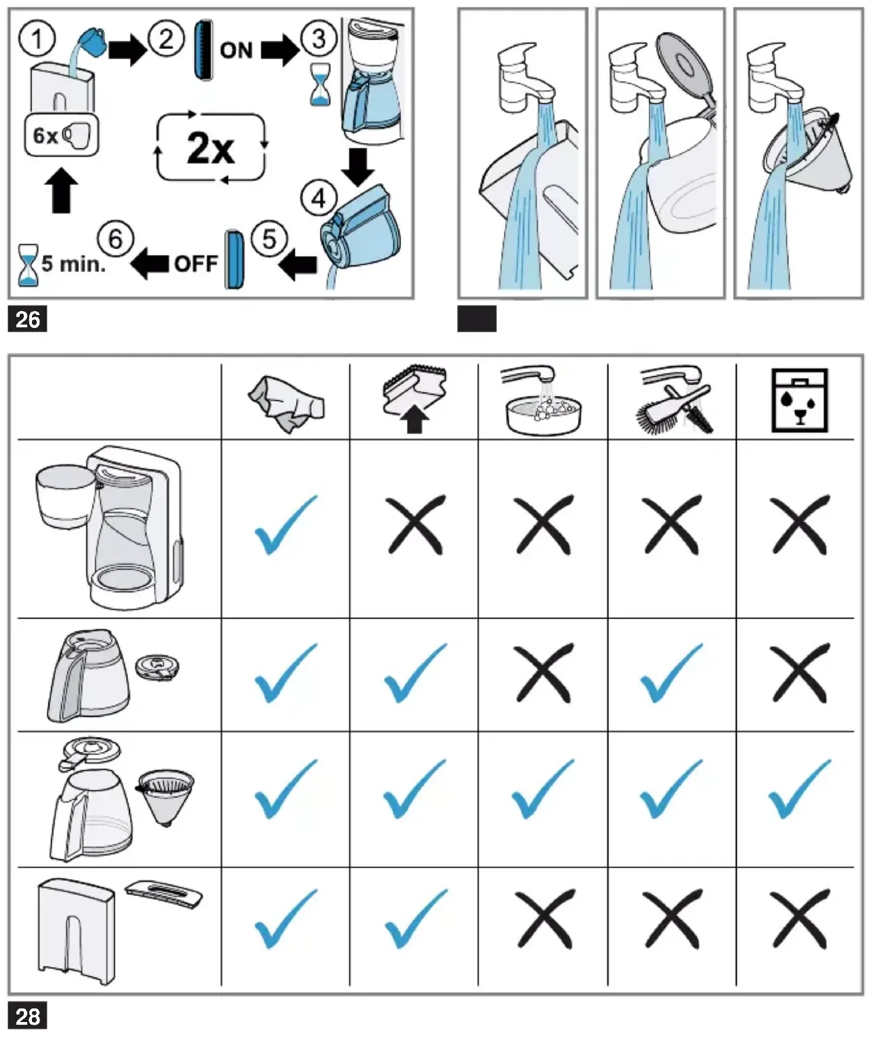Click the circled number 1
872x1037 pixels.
37,39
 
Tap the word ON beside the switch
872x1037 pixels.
236,50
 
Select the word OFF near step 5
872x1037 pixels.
196,264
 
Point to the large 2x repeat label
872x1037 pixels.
210,148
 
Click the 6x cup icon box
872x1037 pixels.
62,135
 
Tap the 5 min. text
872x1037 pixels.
74,264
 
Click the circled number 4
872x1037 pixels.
319,199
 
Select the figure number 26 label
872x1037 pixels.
28,319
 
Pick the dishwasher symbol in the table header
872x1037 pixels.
799,400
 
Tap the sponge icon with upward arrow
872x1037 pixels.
415,399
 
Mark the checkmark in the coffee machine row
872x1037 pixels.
286,525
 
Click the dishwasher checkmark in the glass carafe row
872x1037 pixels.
799,789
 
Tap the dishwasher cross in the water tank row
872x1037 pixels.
799,919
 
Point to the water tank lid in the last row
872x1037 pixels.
164,893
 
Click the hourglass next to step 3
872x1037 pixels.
320,84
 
